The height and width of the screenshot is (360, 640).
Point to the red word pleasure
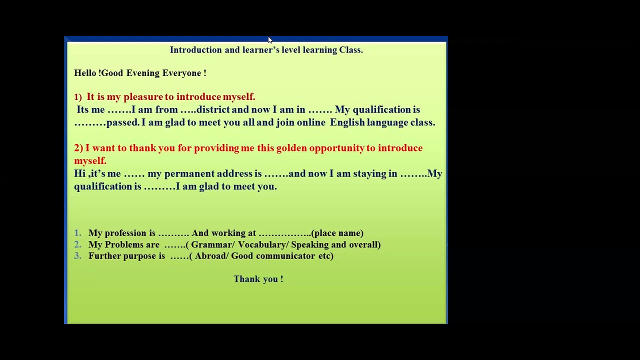click(143, 97)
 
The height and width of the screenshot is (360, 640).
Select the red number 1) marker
click(78, 97)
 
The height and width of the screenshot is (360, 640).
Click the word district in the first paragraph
click(213, 110)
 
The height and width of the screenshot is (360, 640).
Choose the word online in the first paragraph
click(310, 122)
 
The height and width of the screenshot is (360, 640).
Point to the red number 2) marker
click(78, 148)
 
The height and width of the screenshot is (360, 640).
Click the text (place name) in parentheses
click(337, 233)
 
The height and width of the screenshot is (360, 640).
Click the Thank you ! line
click(258, 279)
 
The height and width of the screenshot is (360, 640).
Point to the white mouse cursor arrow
click(269, 40)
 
